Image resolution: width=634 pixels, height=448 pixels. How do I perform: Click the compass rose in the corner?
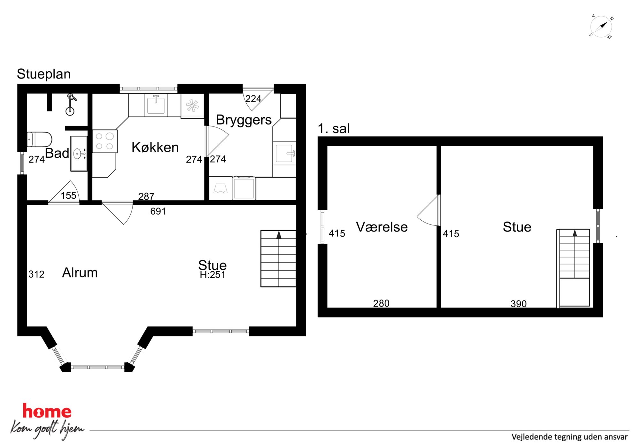601,27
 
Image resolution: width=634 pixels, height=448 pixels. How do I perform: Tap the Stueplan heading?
44,74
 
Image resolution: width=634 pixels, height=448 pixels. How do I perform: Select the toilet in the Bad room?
39,140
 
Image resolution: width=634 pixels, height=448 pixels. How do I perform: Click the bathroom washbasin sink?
79,154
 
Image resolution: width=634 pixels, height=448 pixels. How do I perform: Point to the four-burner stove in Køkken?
105,141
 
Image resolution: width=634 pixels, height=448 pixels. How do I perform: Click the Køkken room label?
155,147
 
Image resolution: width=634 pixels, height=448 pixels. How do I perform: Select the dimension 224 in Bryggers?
253,99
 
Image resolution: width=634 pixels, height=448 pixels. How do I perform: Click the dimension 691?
158,211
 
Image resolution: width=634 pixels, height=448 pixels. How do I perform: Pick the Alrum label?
80,273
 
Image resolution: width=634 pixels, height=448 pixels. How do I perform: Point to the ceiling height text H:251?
213,275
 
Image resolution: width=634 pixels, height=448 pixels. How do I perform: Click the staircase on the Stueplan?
278,259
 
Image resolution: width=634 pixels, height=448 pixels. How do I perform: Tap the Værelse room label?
382,227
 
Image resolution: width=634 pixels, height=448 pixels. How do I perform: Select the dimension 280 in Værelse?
381,303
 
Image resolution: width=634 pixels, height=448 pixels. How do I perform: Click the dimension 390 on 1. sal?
519,304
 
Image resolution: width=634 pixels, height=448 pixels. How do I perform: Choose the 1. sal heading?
334,129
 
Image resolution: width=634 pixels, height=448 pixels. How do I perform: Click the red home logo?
47,411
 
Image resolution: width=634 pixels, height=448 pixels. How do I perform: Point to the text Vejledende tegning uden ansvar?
569,437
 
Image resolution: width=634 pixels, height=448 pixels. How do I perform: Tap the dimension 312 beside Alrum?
36,274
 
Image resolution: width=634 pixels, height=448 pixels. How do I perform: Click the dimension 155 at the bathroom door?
69,195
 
